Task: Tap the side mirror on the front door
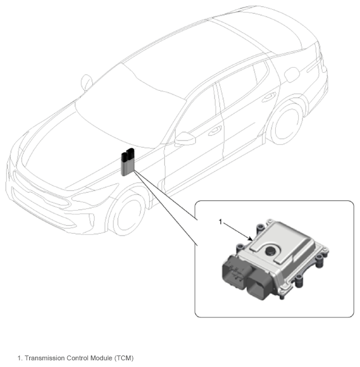[x=185, y=139]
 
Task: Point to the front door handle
[x=215, y=131]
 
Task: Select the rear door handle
[x=269, y=97]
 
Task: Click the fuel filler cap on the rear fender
[x=292, y=75]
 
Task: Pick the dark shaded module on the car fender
[x=128, y=162]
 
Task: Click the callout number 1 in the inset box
[x=220, y=222]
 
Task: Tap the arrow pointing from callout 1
[x=238, y=231]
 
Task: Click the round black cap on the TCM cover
[x=271, y=251]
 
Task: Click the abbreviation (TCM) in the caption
[x=124, y=359]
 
